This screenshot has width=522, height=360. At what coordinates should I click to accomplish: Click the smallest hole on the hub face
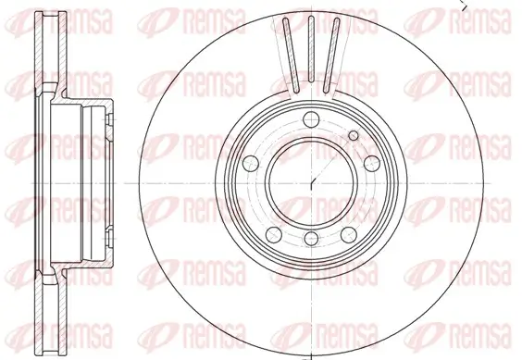pyautogui.click(x=353, y=135)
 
